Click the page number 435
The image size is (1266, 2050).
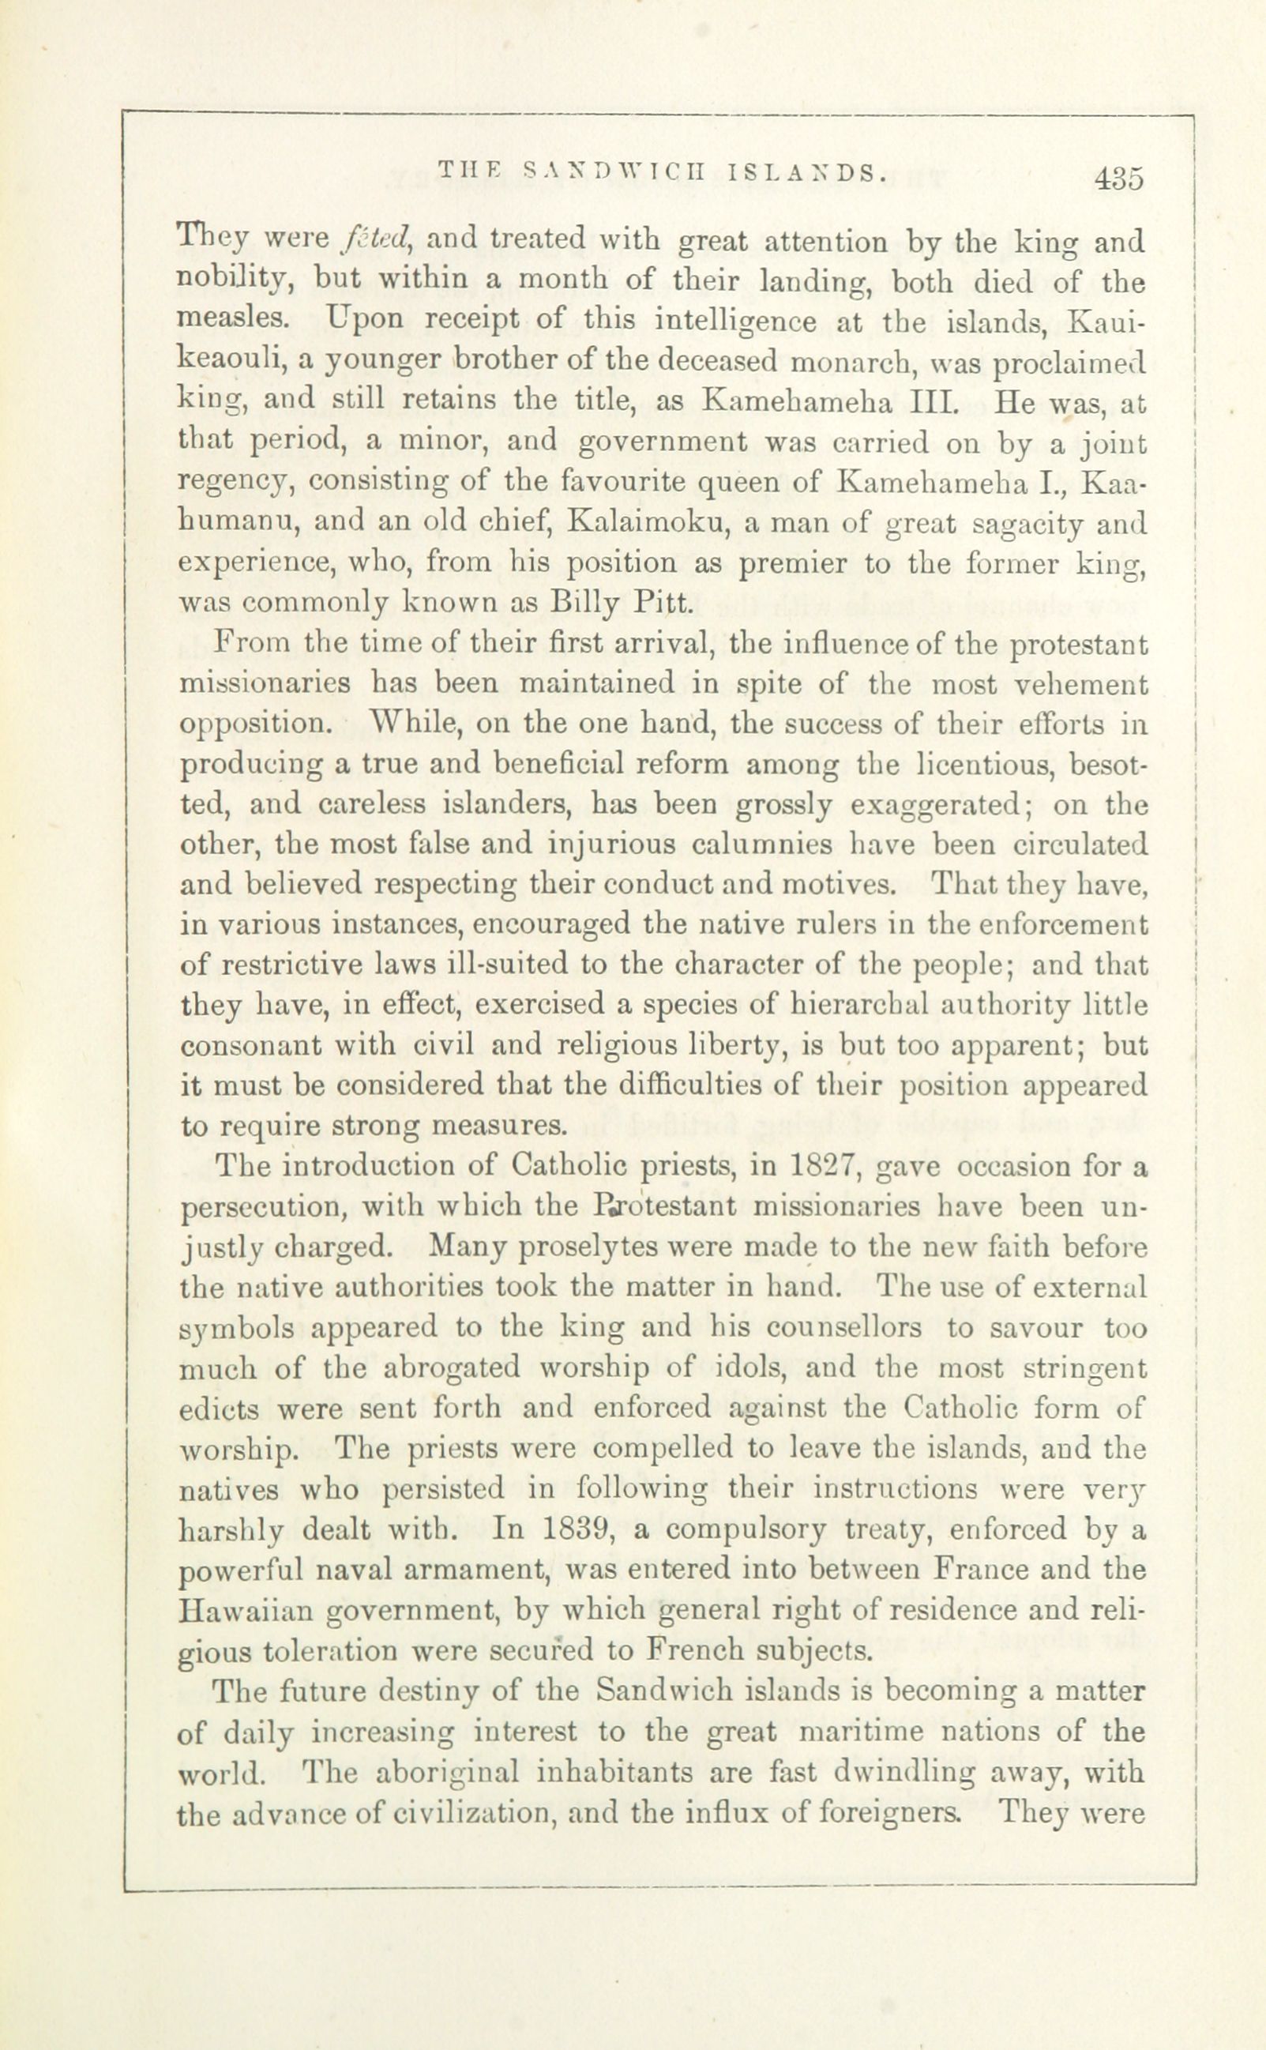[1118, 180]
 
